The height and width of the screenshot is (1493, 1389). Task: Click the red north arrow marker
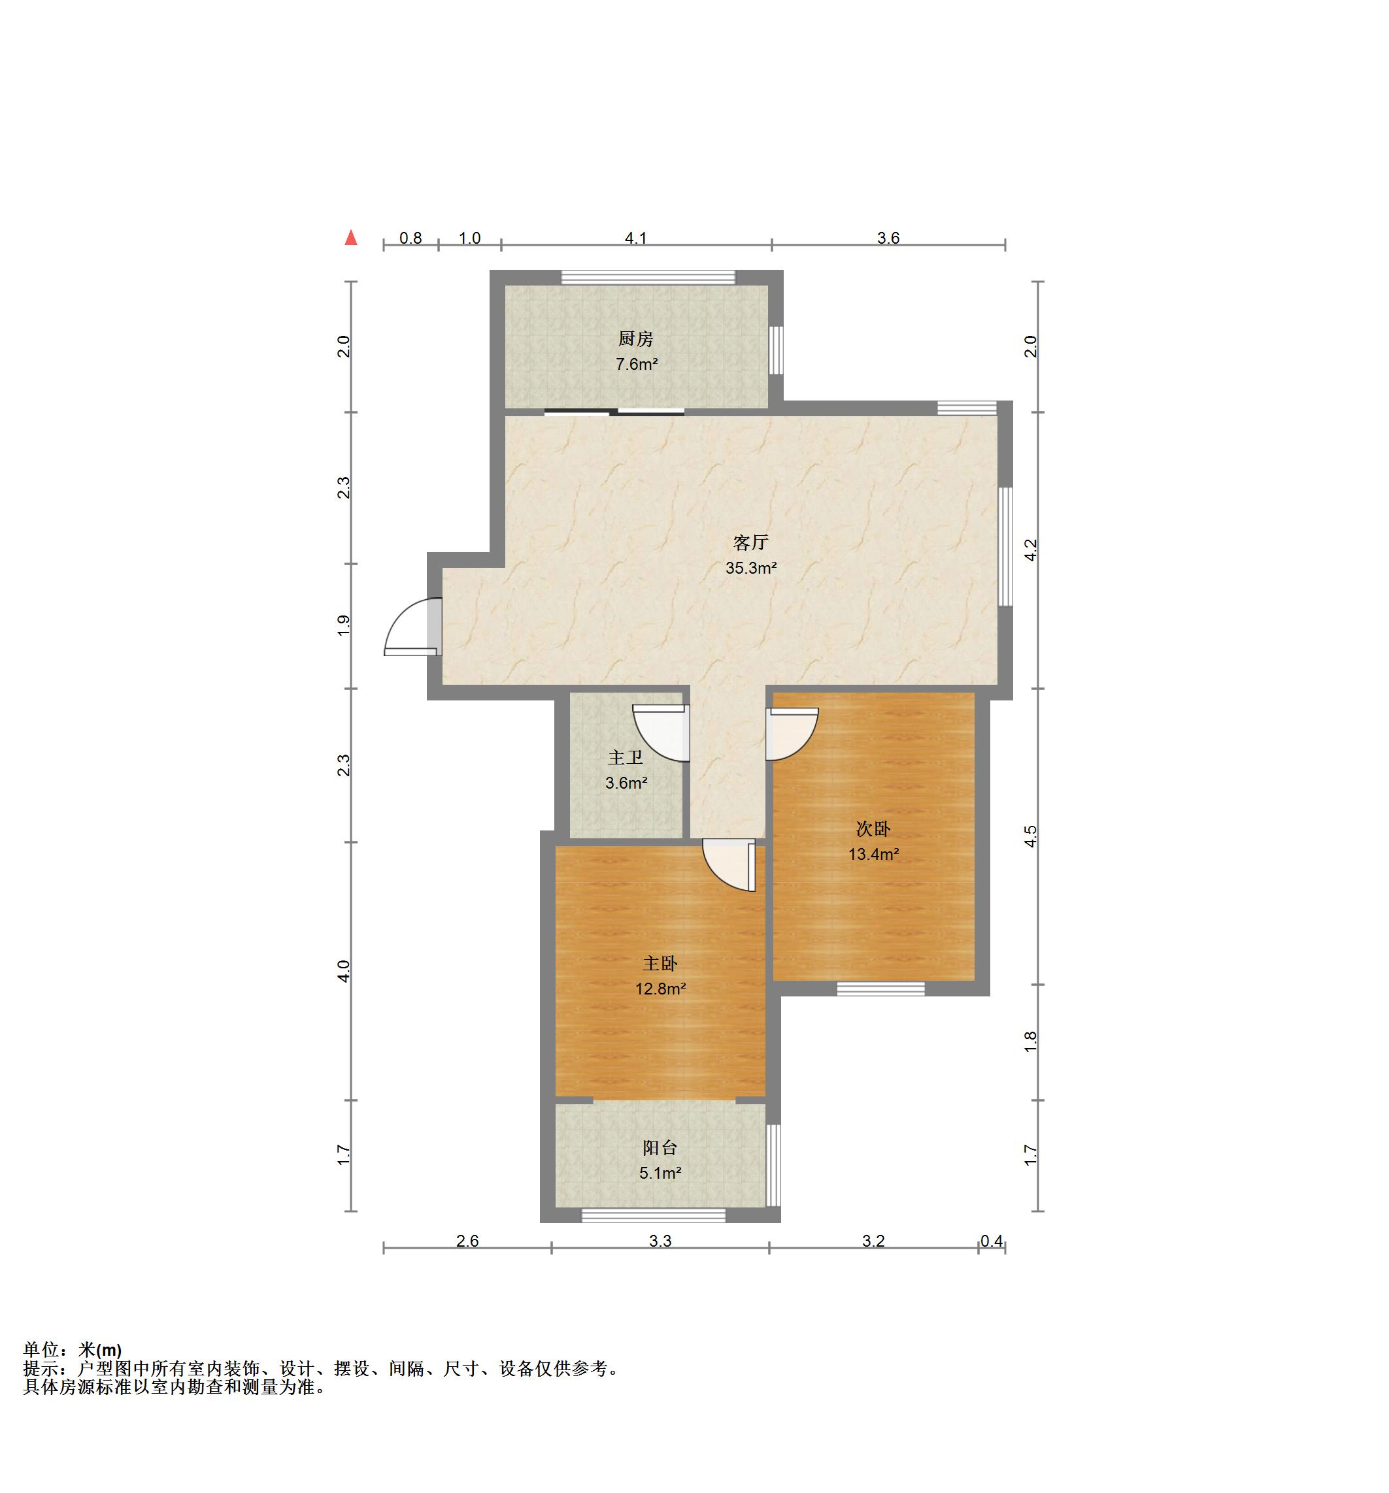(x=351, y=238)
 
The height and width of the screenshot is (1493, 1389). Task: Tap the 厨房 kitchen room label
(x=635, y=338)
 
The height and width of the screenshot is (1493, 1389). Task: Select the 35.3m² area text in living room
(x=750, y=568)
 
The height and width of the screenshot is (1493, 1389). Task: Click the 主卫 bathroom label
(x=625, y=757)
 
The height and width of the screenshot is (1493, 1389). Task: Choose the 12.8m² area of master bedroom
(x=660, y=989)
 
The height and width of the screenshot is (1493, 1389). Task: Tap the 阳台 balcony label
(x=660, y=1147)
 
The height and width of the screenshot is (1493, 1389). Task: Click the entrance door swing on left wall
(x=411, y=625)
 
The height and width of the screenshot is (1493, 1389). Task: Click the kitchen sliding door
(x=614, y=411)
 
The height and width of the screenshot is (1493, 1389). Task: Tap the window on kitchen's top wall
(x=648, y=277)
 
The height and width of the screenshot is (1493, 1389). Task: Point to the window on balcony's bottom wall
(x=654, y=1215)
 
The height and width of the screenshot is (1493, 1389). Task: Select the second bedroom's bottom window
(x=880, y=989)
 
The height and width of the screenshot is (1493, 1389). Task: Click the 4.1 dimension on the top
(x=635, y=238)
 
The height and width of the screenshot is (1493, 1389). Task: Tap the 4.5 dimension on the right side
(x=1031, y=836)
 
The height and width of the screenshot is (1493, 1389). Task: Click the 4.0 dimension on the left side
(x=343, y=971)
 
